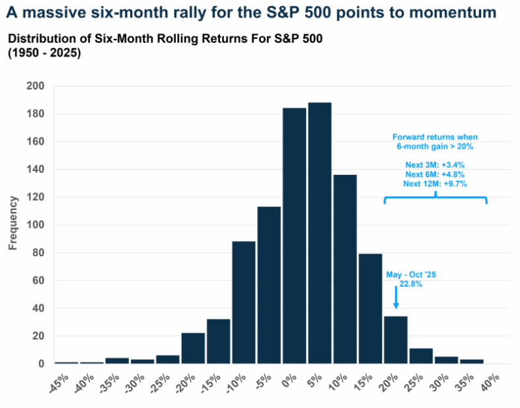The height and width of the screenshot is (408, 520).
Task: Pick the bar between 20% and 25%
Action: pos(396,339)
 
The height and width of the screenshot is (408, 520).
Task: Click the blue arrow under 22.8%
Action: pos(396,299)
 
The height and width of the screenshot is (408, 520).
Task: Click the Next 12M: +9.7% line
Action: pos(435,184)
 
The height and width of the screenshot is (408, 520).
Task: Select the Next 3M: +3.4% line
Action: pos(435,164)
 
